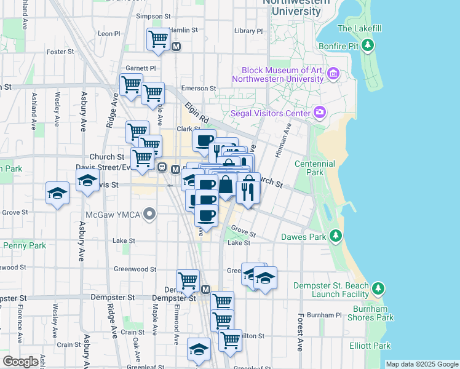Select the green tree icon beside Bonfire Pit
368,45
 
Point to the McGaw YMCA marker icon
149,214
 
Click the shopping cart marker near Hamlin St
158,39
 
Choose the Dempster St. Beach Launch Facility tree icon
378,288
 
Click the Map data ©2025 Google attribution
422,364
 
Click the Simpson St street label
153,17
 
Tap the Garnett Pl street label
141,68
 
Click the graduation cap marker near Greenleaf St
199,349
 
